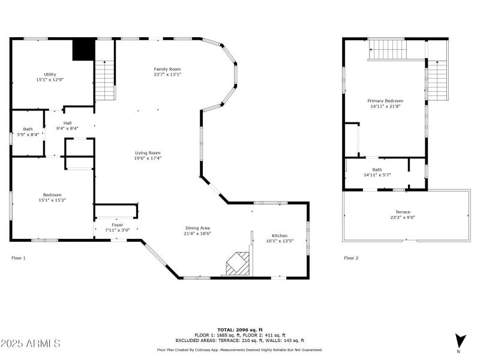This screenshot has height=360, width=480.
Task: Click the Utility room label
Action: tap(50, 74)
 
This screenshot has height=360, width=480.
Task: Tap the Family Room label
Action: tap(167, 69)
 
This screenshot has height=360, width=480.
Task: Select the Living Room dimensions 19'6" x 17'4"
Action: tap(148, 158)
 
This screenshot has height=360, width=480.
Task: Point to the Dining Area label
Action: tap(197, 228)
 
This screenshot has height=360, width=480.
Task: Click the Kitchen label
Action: tap(280, 236)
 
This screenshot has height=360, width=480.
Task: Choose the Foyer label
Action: tap(117, 225)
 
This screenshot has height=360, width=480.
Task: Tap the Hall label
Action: tap(67, 123)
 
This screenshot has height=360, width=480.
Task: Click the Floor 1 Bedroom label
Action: tap(52, 195)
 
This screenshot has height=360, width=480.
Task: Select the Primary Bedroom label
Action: tap(385, 101)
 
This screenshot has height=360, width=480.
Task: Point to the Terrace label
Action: tap(403, 212)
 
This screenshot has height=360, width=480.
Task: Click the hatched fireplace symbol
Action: tap(238, 263)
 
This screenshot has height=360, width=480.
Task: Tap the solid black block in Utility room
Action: tap(83, 49)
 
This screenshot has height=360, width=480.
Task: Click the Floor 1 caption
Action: tap(19, 258)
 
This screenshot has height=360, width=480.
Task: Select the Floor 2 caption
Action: tap(351, 258)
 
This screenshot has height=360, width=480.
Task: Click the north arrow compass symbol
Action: tap(460, 341)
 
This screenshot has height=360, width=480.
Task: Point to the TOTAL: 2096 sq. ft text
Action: tap(240, 330)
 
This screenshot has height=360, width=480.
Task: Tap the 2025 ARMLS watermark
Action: tap(31, 343)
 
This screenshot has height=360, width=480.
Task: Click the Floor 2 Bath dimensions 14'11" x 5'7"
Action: tap(377, 175)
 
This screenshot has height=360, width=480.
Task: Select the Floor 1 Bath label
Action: tap(28, 129)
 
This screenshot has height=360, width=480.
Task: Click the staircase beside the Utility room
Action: tap(104, 80)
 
